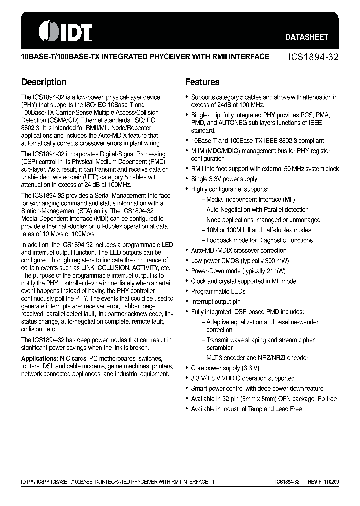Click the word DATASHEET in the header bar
tap(307, 37)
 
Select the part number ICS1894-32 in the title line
tap(314, 57)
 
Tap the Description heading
tap(44, 82)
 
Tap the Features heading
tap(202, 82)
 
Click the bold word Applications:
tap(39, 359)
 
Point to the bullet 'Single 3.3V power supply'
tap(224, 179)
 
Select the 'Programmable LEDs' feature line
tap(218, 291)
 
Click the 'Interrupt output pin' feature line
tap(216, 301)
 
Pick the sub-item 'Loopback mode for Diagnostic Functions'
tap(259, 240)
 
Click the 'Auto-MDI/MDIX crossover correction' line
tap(239, 250)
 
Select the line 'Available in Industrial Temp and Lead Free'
tap(246, 409)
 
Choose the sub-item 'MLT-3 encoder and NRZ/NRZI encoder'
tap(257, 358)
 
